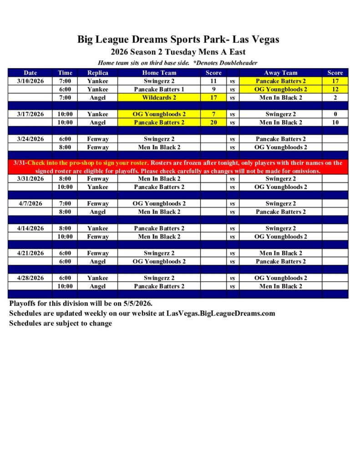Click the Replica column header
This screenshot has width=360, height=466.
[x=98, y=73]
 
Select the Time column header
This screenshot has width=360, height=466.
[x=65, y=73]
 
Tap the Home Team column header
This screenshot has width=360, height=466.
[x=159, y=73]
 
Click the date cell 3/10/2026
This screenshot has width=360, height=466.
[x=30, y=81]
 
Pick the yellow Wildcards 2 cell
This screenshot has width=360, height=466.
[x=159, y=97]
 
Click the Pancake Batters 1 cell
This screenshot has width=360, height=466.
[x=159, y=89]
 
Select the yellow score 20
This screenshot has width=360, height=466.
[x=213, y=122]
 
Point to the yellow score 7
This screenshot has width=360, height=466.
[x=213, y=114]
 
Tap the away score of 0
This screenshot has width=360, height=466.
[x=335, y=114]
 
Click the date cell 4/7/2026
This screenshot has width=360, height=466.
[x=30, y=203]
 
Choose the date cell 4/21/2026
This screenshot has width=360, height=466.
[x=30, y=253]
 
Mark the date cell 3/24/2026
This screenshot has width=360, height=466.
[x=30, y=139]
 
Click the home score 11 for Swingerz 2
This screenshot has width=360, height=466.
[x=213, y=81]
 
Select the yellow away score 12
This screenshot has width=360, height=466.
[x=335, y=89]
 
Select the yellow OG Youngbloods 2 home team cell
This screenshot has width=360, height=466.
[x=159, y=114]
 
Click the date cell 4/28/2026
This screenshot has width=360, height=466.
[x=30, y=278]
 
